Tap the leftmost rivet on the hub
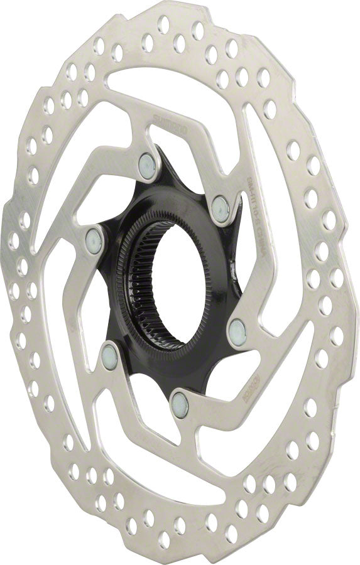click(x=93, y=239)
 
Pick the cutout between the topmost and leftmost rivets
click(x=107, y=182)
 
